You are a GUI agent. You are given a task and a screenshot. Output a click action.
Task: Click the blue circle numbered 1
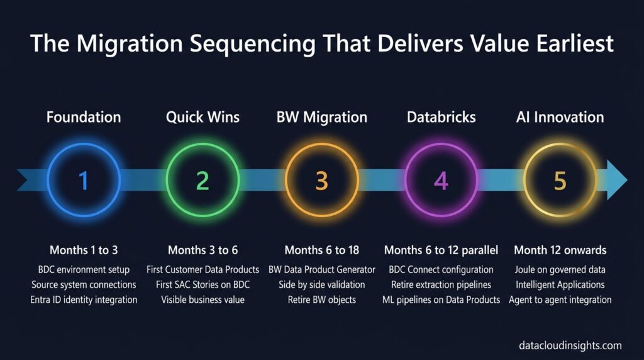coord(84,144)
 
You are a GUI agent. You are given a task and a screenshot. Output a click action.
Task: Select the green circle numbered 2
coord(203,144)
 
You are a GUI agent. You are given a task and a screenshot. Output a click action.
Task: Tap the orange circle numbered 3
coord(322,144)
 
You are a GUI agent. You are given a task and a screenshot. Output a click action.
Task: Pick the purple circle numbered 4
coord(441,144)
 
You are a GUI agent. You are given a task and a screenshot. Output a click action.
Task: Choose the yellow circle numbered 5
coord(560,144)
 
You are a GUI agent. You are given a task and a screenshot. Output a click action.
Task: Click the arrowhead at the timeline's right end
coord(616,180)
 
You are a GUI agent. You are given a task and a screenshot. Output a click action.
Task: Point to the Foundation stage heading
coord(84,117)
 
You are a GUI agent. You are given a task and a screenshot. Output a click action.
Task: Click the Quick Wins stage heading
coord(203,118)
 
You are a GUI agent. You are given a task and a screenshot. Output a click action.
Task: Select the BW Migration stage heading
coord(322,118)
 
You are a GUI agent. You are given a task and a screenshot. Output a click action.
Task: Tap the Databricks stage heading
coord(441,117)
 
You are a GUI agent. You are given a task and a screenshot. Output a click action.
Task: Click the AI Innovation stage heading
coord(560,117)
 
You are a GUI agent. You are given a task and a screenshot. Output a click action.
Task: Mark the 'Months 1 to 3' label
coord(84,250)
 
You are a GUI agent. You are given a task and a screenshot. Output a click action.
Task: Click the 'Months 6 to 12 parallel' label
coord(441,250)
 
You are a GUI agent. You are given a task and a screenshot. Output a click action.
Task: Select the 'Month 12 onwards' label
coord(560,250)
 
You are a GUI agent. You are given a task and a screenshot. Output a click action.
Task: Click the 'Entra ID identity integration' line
coord(84,300)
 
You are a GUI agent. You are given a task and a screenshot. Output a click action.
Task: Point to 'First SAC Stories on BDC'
coord(203,285)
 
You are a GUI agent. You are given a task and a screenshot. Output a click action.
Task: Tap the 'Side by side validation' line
coord(322,285)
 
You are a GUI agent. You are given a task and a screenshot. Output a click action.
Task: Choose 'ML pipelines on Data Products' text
coord(441,300)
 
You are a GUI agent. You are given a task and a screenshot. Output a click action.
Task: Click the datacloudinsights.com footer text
coord(570,346)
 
